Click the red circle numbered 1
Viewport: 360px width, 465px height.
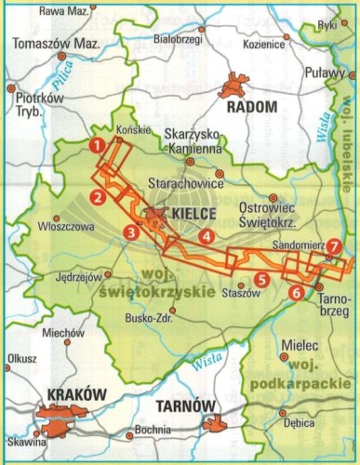click(96, 144)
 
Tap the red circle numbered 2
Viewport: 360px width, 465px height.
click(97, 196)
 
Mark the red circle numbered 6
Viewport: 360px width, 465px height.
click(296, 293)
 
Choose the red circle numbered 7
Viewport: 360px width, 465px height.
click(334, 246)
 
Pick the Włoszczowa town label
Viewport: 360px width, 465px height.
click(63, 224)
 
